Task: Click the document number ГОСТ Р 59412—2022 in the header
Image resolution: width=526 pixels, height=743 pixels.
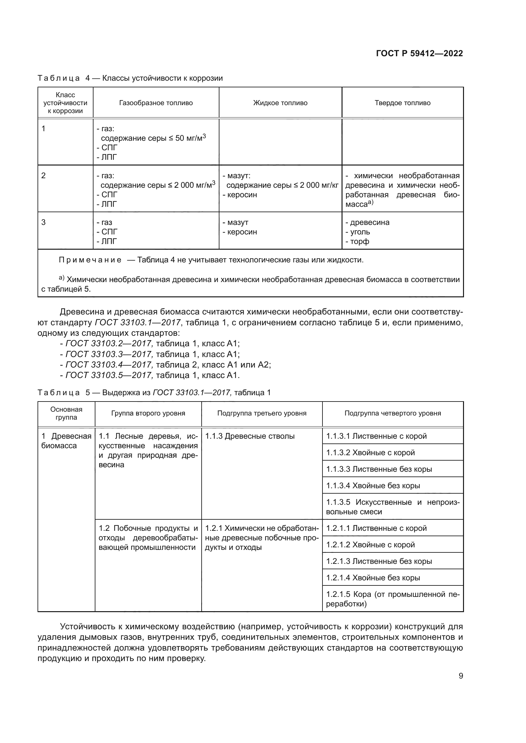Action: tap(419, 53)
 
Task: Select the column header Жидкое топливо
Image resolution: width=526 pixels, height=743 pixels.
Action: tap(280, 103)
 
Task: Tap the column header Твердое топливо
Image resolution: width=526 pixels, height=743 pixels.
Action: tap(403, 103)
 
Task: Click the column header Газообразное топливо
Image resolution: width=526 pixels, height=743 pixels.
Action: tap(156, 103)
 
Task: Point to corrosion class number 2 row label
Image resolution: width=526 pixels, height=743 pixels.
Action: tap(44, 175)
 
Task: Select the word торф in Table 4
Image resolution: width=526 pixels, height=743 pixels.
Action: tap(360, 241)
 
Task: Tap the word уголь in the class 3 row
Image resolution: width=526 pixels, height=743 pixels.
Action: tap(360, 232)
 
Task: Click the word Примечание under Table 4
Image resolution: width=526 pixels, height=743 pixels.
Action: tap(90, 260)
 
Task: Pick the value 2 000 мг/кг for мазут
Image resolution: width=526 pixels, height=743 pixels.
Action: tap(319, 185)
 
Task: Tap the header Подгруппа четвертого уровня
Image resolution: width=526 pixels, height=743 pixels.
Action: tap(392, 413)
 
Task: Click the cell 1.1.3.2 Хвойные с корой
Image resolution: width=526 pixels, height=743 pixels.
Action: tap(370, 452)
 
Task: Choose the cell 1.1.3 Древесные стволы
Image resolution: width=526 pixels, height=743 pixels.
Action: tap(250, 436)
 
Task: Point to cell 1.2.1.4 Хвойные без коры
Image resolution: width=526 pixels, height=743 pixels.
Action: tap(373, 578)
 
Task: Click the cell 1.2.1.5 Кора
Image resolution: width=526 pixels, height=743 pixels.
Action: tap(392, 599)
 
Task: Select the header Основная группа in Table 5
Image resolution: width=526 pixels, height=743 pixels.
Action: tap(66, 413)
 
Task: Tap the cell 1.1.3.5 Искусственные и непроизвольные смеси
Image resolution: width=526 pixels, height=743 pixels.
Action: tap(392, 507)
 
